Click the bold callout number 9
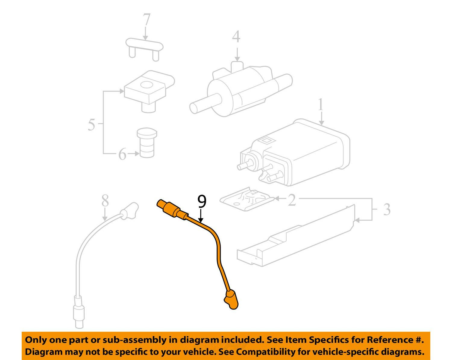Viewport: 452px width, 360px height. coord(202,202)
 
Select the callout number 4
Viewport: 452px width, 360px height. coord(237,37)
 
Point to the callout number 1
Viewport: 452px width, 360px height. coord(321,105)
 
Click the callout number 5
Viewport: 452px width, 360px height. coord(91,124)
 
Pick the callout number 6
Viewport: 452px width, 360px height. coord(122,154)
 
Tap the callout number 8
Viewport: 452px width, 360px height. coord(105,201)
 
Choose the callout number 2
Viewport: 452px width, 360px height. coord(292,200)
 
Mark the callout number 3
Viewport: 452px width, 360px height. coord(387,209)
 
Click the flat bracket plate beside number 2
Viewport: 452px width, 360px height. coord(247,199)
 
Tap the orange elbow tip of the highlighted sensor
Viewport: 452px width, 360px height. coord(231,299)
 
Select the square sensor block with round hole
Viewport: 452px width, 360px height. coord(148,87)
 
